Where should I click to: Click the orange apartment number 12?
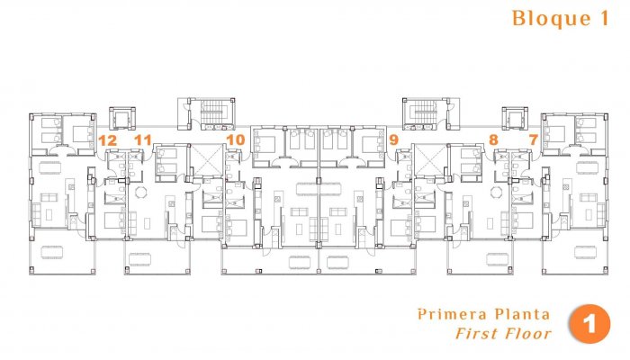coord(107,139)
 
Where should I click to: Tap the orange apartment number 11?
coord(142,139)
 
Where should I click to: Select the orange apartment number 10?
coord(236,139)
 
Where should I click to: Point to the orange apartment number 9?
coord(393,139)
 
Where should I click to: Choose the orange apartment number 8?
coord(492,139)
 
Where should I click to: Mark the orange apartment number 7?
coord(533,139)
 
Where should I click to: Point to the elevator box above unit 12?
coord(121,118)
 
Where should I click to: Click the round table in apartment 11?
coord(139,192)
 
